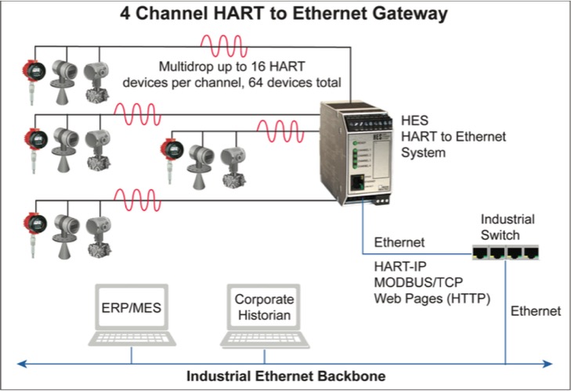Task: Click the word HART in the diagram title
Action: click(x=238, y=13)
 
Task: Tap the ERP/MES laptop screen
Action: click(x=132, y=307)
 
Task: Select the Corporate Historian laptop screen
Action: click(x=264, y=307)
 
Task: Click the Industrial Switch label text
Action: click(x=508, y=227)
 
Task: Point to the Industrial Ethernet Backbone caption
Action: click(x=286, y=375)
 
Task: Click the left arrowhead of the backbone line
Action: click(x=22, y=364)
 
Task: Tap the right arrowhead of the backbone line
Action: click(x=548, y=364)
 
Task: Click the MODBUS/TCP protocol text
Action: click(x=418, y=282)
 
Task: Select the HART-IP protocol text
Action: click(x=399, y=266)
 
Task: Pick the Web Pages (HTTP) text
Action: click(x=432, y=298)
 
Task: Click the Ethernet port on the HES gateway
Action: click(x=357, y=182)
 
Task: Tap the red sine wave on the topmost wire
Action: click(x=223, y=46)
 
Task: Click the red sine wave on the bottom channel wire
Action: click(x=137, y=200)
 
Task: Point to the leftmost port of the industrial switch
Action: click(x=480, y=252)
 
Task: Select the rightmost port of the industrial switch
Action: click(x=531, y=252)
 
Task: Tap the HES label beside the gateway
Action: click(x=414, y=120)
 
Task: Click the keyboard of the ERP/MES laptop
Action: click(x=132, y=339)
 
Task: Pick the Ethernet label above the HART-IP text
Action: click(x=399, y=242)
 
